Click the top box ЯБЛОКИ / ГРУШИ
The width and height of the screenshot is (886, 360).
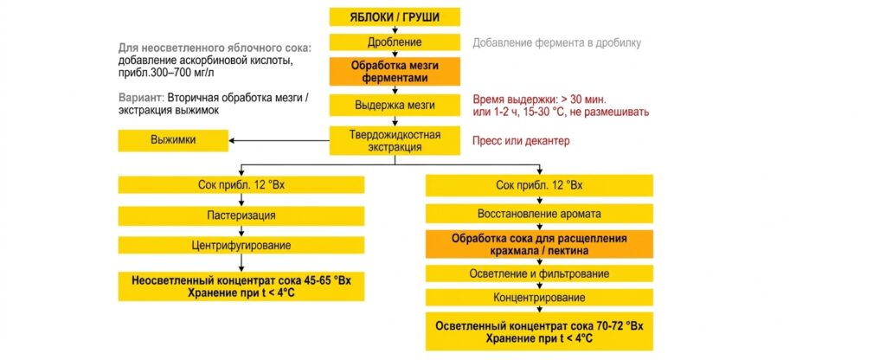(395, 17)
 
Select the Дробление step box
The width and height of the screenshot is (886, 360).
(395, 42)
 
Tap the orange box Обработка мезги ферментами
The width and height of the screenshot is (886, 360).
(395, 73)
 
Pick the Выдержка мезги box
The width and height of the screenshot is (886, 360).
(395, 105)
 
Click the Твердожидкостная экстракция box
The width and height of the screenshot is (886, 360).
(395, 141)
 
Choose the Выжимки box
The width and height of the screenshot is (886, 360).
(173, 141)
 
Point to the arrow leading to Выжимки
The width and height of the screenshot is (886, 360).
(279, 141)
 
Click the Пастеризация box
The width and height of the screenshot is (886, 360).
(241, 215)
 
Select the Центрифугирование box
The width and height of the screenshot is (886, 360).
(241, 245)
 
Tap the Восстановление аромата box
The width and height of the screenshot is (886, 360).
(539, 215)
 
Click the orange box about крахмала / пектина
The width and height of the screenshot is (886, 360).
(539, 244)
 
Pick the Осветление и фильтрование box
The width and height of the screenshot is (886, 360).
(539, 273)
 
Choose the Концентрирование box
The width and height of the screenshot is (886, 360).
(539, 298)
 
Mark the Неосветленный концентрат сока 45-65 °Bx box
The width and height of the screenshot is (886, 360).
(241, 286)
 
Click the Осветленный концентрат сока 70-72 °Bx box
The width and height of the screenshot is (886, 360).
(539, 331)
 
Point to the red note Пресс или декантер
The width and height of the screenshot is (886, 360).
(521, 141)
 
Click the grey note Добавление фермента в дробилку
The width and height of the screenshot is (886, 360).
(556, 43)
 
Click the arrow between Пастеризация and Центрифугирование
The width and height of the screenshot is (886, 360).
(241, 230)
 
